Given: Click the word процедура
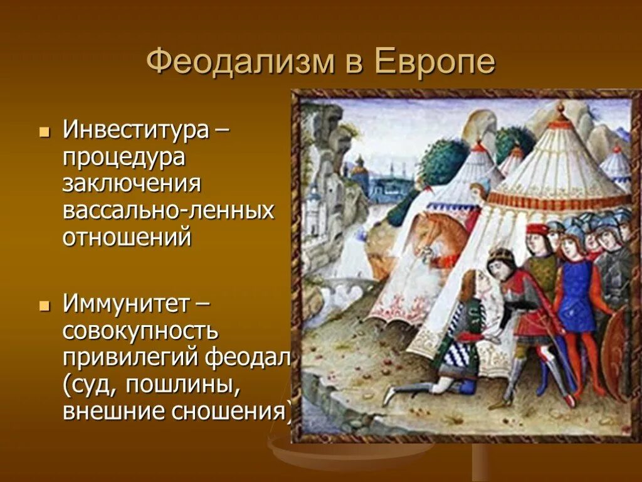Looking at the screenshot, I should pyautogui.click(x=124, y=158).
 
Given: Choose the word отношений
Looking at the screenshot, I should pyautogui.click(x=127, y=237).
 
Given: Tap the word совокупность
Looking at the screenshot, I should pyautogui.click(x=140, y=331).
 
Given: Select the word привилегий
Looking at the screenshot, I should pyautogui.click(x=132, y=358).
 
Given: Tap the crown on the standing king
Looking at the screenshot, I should pyautogui.click(x=500, y=254).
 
